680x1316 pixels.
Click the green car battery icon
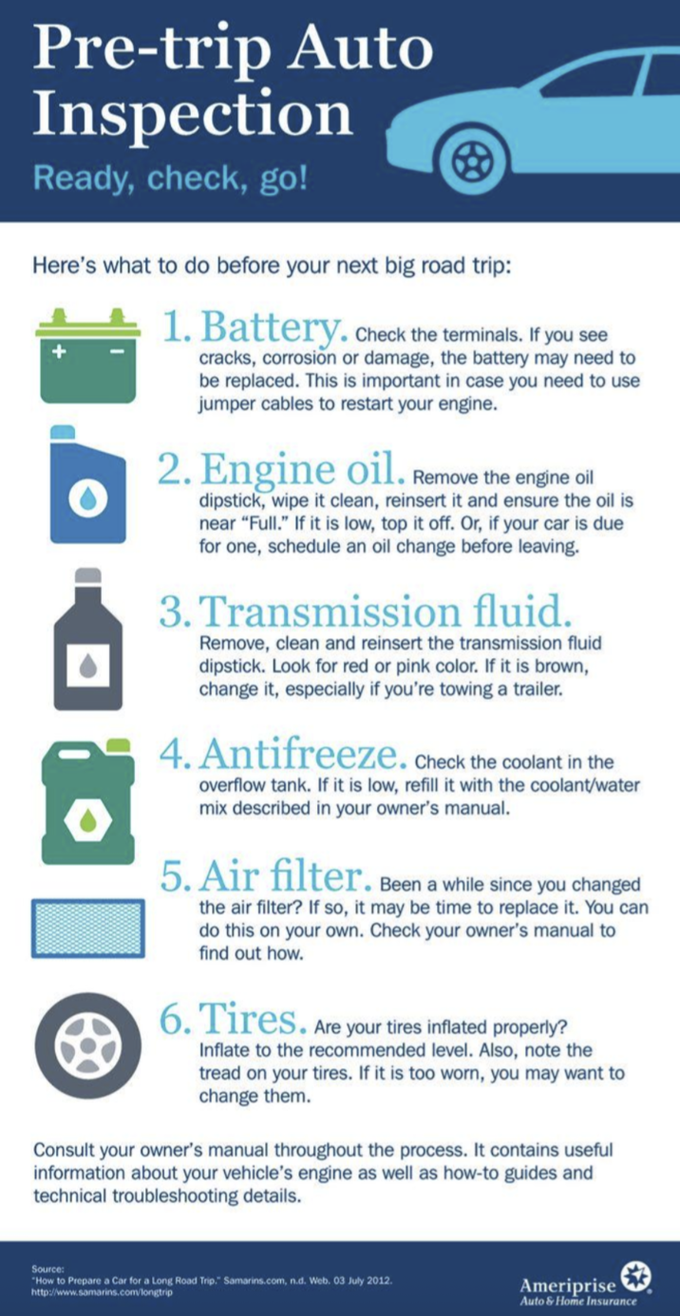pos(88,355)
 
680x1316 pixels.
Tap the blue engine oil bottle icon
pos(88,484)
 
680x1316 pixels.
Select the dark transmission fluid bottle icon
pos(88,639)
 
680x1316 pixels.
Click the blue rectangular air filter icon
pos(88,929)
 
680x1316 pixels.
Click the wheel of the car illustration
pos(473,160)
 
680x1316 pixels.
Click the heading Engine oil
pos(302,469)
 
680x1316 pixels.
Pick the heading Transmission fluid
pos(386,611)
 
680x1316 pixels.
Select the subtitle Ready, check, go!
pos(170,179)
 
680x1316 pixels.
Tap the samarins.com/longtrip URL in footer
pos(103,1292)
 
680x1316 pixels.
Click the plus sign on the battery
pos(59,352)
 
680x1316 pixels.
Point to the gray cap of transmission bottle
pos(88,575)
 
